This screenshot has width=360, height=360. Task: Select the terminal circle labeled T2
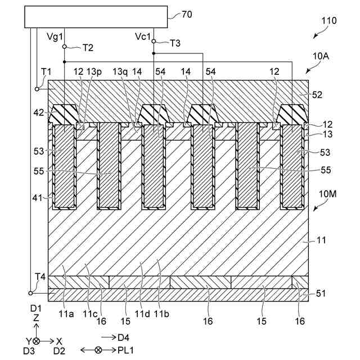pos(65,47)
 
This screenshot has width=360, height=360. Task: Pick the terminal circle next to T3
pos(154,42)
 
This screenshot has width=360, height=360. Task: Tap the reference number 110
pos(328,21)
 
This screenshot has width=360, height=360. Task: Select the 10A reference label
pos(322,56)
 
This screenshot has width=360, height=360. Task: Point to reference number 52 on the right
pos(316,96)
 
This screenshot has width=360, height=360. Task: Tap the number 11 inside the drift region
pos(306,240)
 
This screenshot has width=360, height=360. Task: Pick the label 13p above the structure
pos(94,72)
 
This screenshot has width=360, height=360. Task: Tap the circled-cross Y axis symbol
pos(37,341)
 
